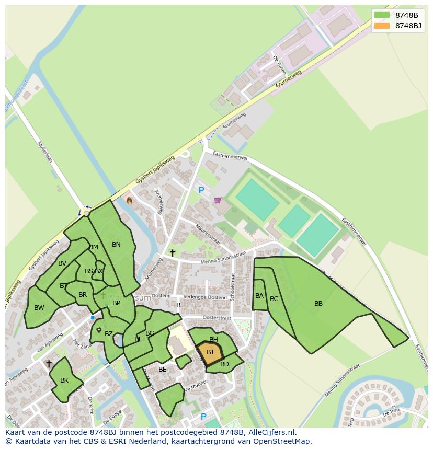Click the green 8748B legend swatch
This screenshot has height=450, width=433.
pos(382,15)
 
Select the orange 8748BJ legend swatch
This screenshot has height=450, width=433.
pos(382,26)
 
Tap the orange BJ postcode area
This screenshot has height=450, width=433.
pos(210,352)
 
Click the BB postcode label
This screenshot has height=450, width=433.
pos(318,304)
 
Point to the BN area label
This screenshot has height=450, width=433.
pos(116,245)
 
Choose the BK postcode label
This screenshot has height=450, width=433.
pos(64,380)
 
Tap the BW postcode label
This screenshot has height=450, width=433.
pos(39,308)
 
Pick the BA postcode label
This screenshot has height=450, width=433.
pos(259,296)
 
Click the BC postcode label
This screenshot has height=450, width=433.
pos(274,299)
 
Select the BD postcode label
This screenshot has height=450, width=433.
pos(224,364)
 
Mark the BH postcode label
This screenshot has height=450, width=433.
pos(213,340)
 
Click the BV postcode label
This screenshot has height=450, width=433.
pos(62,263)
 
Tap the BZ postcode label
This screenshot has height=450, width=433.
pos(109,334)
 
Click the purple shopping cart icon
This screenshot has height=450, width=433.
pos(218,200)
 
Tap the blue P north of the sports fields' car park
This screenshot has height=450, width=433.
pos(201,191)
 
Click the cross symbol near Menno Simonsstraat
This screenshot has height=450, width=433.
pos(173,253)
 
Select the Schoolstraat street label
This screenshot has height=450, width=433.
pos(233,286)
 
